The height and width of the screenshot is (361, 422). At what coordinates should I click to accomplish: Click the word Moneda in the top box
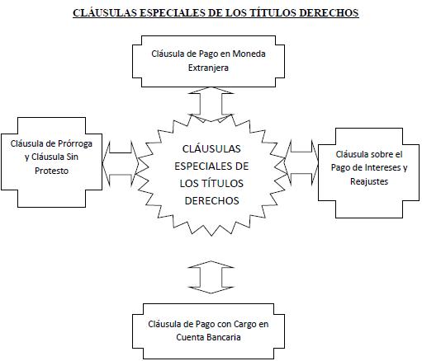249,54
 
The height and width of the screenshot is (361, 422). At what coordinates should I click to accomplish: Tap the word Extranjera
208,68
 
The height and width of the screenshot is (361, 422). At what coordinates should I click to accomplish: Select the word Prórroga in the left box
75,143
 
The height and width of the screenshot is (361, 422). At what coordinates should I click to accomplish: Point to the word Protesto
51,171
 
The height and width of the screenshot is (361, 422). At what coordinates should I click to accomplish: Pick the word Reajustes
369,181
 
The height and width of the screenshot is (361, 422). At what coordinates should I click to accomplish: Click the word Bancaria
223,337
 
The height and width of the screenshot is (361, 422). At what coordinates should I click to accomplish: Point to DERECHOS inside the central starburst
211,200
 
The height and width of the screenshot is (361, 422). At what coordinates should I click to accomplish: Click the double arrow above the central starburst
211,105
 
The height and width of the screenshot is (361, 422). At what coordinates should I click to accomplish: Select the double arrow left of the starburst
121,163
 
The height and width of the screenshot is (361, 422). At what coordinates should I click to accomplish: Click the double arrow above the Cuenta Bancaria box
211,277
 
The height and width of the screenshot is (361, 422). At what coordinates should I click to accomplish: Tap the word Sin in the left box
73,157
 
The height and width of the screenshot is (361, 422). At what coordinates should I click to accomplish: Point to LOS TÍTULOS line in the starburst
211,183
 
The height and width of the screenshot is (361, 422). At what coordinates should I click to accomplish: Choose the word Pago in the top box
208,54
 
